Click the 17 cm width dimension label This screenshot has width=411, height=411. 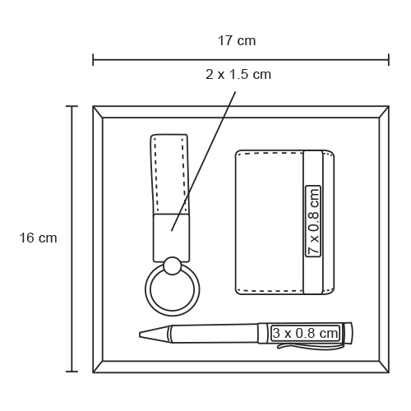[237, 41]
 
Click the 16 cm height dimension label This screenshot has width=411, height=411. [38, 238]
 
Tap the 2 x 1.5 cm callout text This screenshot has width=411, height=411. [238, 75]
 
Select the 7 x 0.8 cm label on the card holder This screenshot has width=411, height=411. [313, 221]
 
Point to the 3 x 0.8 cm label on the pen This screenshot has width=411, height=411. [305, 333]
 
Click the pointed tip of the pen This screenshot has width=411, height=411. [140, 335]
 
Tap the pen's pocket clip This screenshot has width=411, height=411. [309, 346]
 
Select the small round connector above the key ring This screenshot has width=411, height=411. [172, 266]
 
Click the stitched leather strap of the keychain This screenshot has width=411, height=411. [170, 174]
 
